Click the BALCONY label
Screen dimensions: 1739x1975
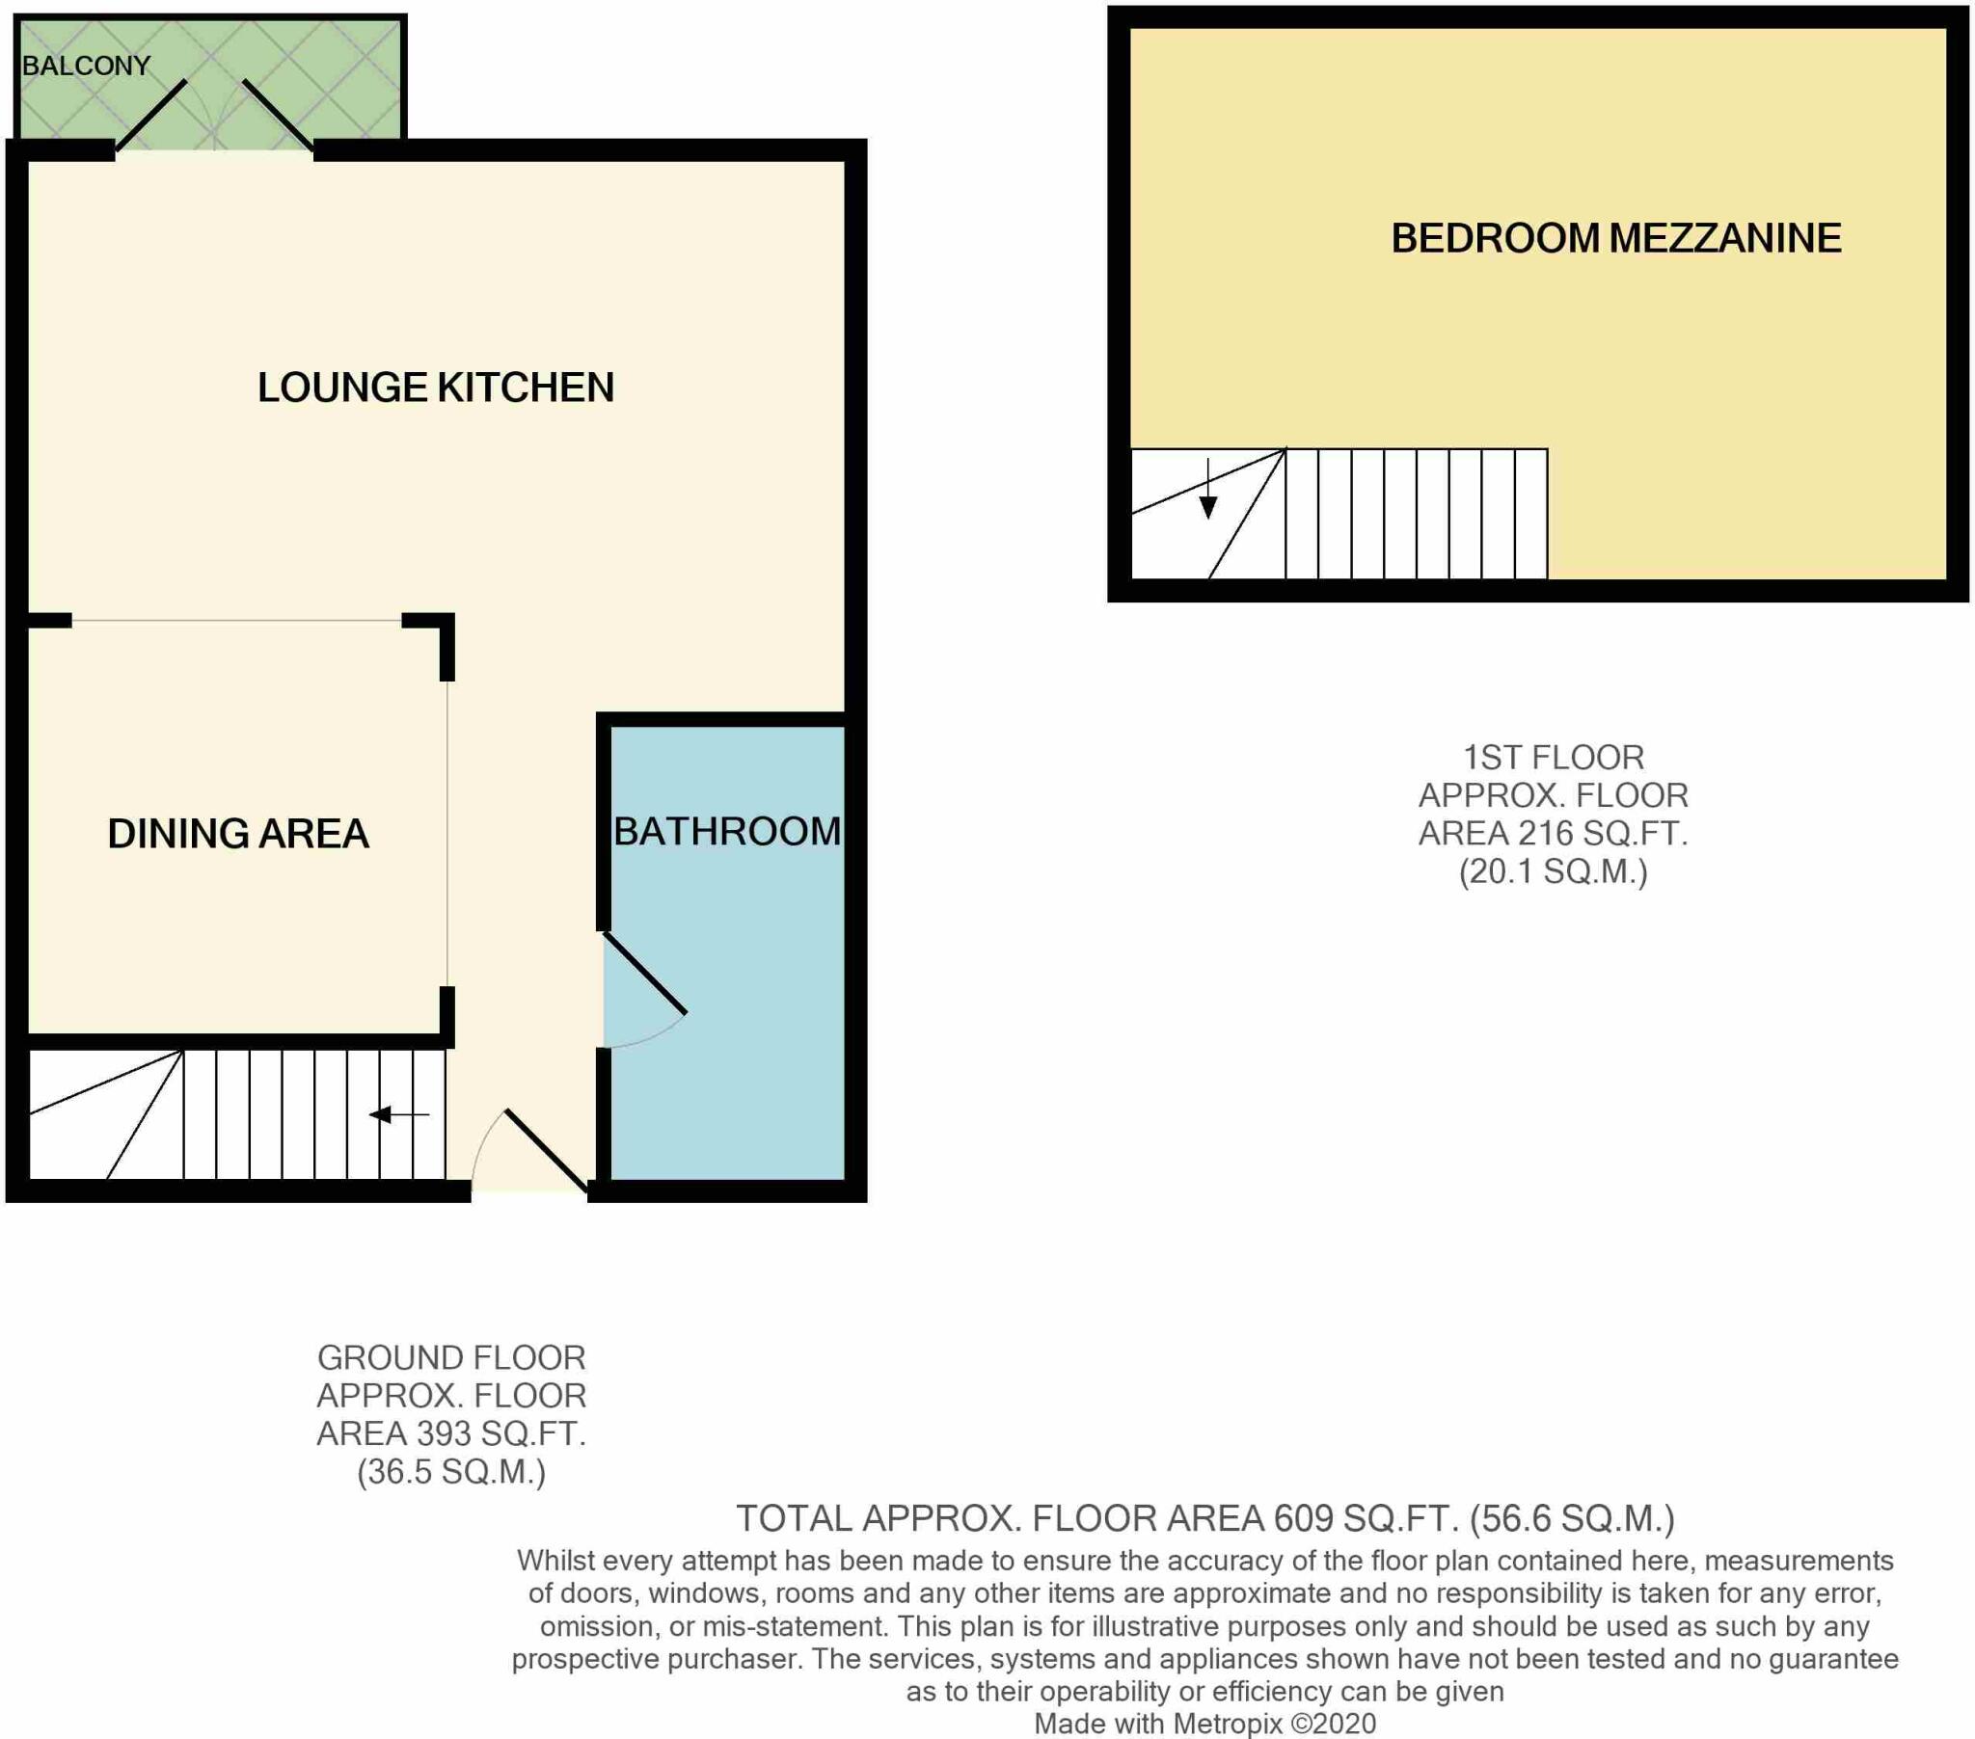(x=86, y=66)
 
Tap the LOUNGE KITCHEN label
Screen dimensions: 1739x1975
(x=435, y=388)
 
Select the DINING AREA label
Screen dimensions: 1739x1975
(x=237, y=834)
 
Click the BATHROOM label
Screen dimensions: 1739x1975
(x=726, y=832)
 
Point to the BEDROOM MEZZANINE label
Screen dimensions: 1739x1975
(x=1615, y=239)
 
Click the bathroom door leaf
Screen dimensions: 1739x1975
(x=644, y=973)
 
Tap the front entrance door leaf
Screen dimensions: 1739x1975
(x=547, y=1151)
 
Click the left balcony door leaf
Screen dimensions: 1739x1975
(x=150, y=116)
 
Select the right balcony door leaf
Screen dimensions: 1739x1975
(x=278, y=116)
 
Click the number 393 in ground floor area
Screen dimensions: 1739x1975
(x=444, y=1433)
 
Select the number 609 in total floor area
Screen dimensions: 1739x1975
(x=1303, y=1518)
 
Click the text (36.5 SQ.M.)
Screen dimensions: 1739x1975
(x=451, y=1471)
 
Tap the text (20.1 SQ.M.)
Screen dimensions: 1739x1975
(x=1553, y=871)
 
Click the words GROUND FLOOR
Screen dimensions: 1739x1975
(x=451, y=1358)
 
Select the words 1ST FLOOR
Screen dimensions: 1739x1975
(x=1553, y=758)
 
